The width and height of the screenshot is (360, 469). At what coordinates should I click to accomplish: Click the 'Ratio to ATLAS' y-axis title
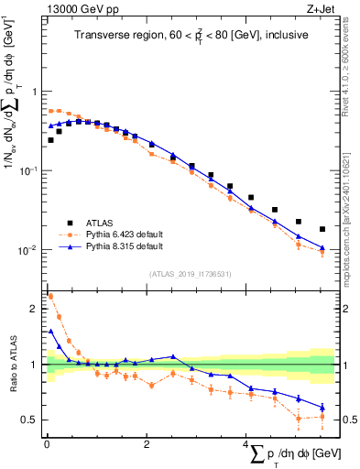12,365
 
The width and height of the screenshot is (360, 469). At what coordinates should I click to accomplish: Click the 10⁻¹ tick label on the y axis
29,170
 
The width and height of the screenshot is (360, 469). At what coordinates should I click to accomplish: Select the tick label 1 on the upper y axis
34,92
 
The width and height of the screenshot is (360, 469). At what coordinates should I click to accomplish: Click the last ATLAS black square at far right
322,229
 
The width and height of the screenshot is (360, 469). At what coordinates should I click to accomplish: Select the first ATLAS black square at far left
49,140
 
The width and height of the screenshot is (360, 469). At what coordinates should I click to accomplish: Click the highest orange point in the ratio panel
49,296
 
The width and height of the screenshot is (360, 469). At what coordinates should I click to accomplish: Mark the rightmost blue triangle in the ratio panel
322,408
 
